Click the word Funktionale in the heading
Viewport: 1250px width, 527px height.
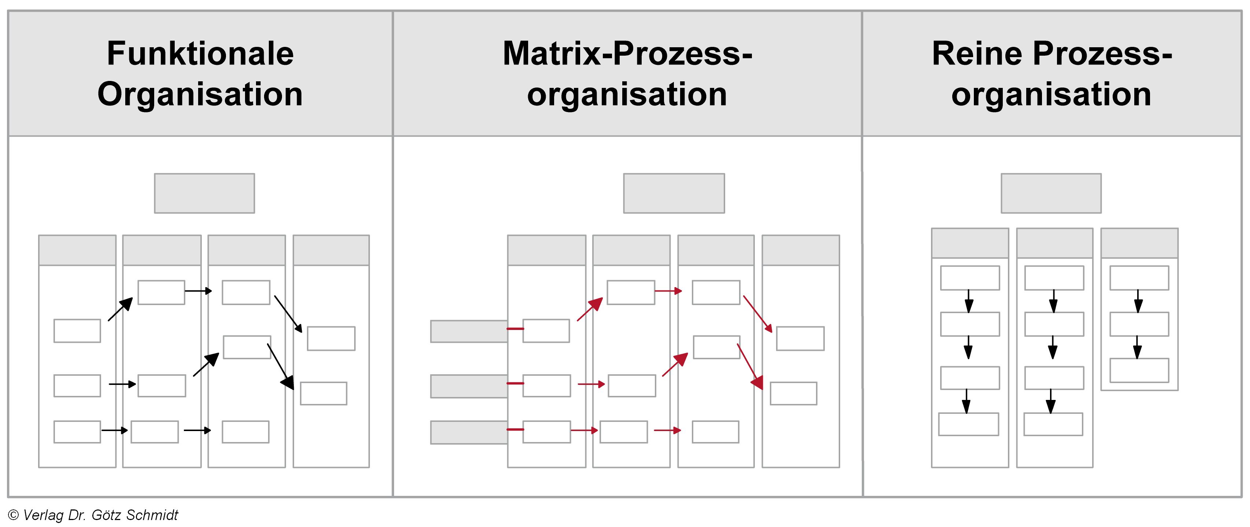(x=200, y=53)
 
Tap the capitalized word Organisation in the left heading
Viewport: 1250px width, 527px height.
(x=200, y=94)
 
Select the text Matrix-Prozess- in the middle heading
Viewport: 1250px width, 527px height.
(x=627, y=53)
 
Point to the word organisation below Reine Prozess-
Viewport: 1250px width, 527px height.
(x=1051, y=94)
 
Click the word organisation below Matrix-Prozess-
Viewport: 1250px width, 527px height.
(x=627, y=94)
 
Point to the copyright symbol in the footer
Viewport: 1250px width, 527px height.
(x=14, y=515)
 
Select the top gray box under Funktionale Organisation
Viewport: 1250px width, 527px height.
(x=204, y=193)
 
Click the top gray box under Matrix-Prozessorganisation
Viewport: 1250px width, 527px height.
(x=674, y=193)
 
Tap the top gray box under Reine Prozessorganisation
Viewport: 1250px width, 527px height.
(x=1051, y=193)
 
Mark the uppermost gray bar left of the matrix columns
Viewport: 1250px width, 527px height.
(x=469, y=331)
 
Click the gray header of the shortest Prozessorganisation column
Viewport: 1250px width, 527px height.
(x=1139, y=243)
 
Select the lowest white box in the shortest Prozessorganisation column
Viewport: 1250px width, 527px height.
(x=1139, y=370)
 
